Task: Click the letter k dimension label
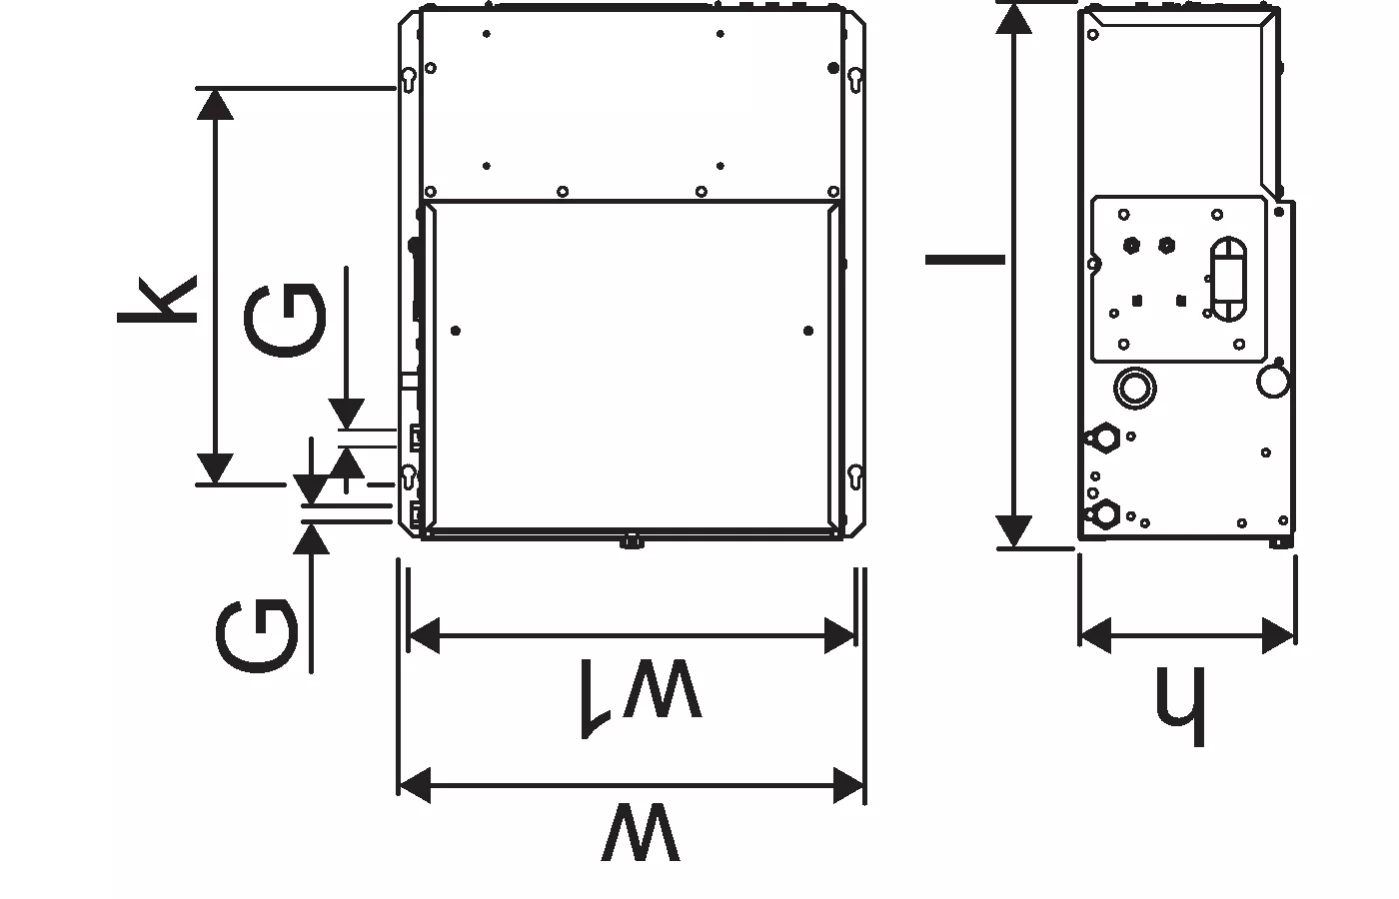(x=158, y=300)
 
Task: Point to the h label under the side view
(x=1180, y=706)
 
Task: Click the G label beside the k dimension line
(x=285, y=321)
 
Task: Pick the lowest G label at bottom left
(x=257, y=637)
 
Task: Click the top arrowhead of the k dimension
(x=215, y=104)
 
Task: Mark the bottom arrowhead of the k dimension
(x=215, y=468)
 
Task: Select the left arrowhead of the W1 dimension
(x=424, y=635)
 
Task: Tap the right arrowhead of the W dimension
(x=848, y=785)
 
